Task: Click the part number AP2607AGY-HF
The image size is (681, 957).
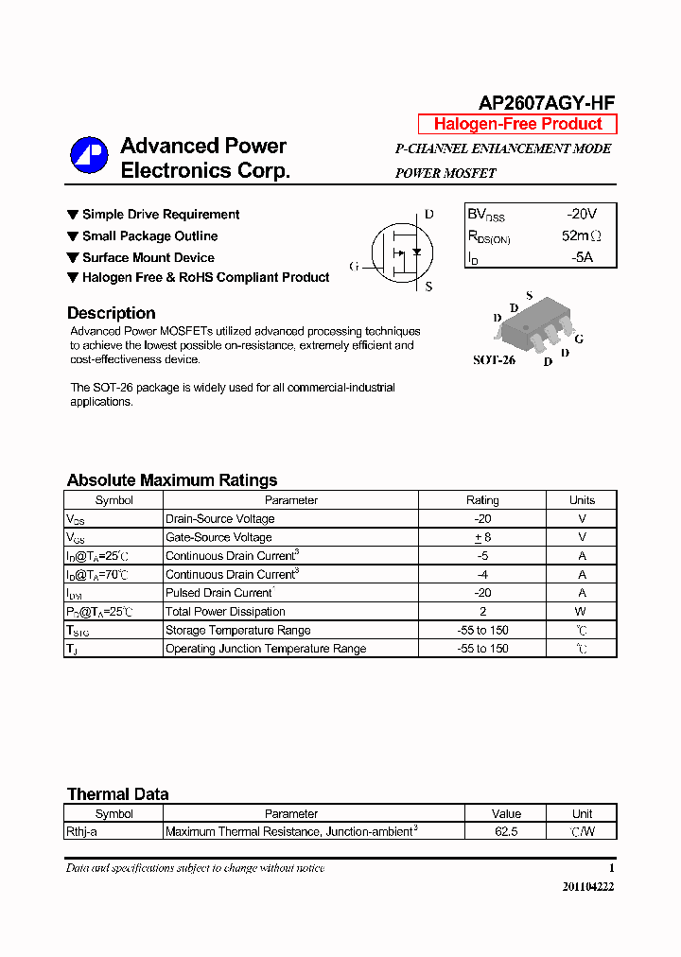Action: tap(547, 103)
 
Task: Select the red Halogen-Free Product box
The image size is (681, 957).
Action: tap(517, 124)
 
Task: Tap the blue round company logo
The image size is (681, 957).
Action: tap(89, 156)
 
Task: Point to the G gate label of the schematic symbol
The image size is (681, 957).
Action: tap(354, 267)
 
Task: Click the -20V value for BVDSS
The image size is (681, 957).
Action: tap(582, 215)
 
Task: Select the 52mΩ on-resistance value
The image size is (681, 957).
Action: tap(581, 235)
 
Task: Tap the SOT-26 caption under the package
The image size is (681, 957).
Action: tap(494, 360)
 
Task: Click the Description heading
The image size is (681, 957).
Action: tap(112, 313)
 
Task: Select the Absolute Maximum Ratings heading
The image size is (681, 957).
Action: tap(172, 480)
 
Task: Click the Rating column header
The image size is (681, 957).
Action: tap(482, 500)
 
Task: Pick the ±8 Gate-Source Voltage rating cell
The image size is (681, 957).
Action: tap(482, 537)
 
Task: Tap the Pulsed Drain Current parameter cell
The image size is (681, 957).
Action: tap(219, 593)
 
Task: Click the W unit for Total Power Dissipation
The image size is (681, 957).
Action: tap(582, 612)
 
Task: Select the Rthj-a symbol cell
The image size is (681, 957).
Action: tap(81, 832)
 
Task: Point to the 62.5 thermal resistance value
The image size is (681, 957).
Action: tap(506, 832)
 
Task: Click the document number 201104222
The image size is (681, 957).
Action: tap(587, 886)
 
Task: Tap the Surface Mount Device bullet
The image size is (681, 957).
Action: tap(148, 257)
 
